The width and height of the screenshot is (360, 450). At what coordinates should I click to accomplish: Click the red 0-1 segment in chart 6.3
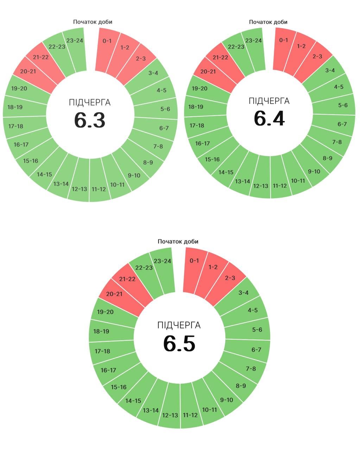coord(107,41)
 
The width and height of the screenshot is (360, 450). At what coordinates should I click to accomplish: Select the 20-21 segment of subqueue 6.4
coord(208,72)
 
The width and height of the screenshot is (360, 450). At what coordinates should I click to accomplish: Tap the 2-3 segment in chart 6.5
coord(230,278)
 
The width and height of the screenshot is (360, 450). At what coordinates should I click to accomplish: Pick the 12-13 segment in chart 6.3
coord(79,189)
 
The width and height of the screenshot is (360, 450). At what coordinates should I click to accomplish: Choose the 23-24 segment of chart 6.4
coord(254,41)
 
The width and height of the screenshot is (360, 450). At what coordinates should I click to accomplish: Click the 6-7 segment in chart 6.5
coord(256,350)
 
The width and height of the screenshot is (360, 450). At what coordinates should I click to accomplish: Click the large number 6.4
coord(269,118)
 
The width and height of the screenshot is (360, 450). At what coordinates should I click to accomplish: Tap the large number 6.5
coord(179,343)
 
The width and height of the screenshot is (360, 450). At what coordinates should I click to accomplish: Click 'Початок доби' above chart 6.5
coord(178,242)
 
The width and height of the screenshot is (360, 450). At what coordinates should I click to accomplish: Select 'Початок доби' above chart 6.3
coord(93,22)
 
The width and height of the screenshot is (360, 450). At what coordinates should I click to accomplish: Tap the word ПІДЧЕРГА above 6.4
coord(269,101)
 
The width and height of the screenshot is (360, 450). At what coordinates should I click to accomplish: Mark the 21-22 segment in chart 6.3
coord(41,57)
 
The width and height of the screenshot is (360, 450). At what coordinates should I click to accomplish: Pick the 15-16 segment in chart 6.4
coord(212,159)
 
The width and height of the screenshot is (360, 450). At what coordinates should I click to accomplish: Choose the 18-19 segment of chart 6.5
coord(101,331)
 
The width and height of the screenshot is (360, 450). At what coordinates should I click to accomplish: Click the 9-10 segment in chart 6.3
coord(134,175)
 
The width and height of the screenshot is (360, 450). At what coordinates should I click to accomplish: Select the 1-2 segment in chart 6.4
coord(301,46)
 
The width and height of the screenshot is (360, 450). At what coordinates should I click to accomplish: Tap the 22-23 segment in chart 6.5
coord(144,268)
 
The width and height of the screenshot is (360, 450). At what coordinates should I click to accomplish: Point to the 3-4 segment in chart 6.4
coord(330,70)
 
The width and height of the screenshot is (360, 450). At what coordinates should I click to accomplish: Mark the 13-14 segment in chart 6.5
coord(151,410)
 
